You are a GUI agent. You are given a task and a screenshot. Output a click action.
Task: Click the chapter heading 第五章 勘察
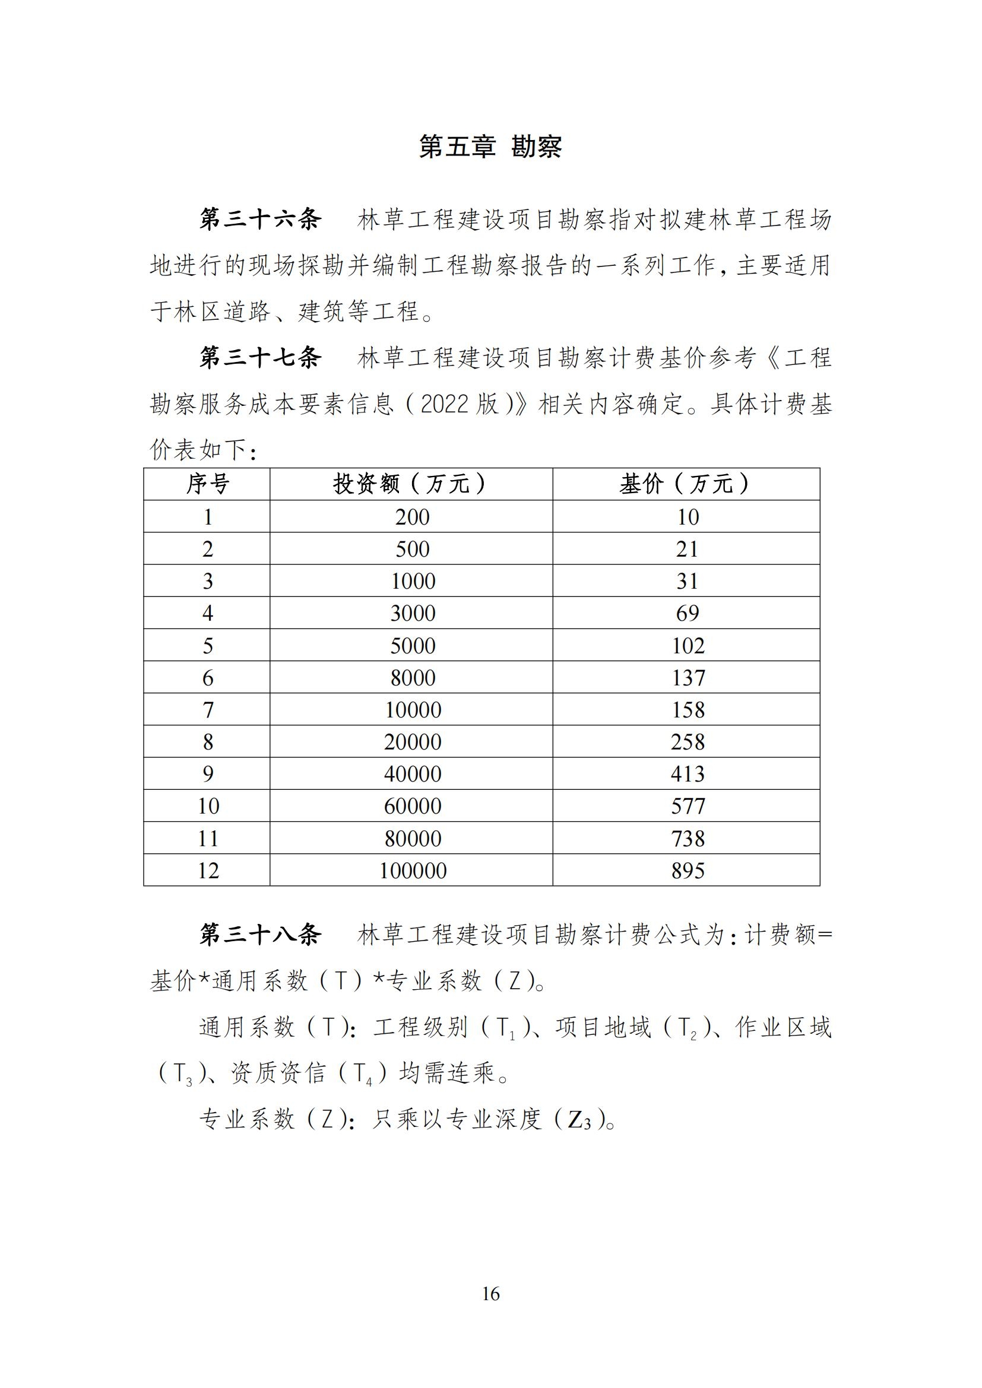(x=490, y=147)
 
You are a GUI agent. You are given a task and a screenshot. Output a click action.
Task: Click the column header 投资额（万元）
(x=411, y=484)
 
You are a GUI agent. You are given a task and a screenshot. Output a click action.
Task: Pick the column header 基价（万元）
(x=686, y=484)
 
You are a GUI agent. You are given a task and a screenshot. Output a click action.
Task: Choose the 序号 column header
(x=207, y=484)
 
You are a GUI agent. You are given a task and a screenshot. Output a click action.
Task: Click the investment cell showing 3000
(x=413, y=613)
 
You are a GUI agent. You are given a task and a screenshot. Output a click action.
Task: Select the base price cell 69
(x=688, y=613)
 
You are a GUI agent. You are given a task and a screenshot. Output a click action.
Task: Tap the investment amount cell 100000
(x=413, y=871)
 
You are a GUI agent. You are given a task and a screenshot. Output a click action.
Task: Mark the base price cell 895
(x=688, y=871)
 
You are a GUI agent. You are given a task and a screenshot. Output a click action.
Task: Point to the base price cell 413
(x=688, y=774)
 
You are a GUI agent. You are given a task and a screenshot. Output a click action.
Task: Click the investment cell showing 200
(x=413, y=517)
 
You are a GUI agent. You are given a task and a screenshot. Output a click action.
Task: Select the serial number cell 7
(x=207, y=710)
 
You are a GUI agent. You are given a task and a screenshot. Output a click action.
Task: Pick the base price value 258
(x=688, y=742)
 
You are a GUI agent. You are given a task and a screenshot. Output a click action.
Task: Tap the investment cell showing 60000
(x=413, y=806)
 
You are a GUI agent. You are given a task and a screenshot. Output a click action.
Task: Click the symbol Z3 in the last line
(x=579, y=1120)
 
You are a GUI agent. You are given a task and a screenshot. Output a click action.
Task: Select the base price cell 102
(x=688, y=646)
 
